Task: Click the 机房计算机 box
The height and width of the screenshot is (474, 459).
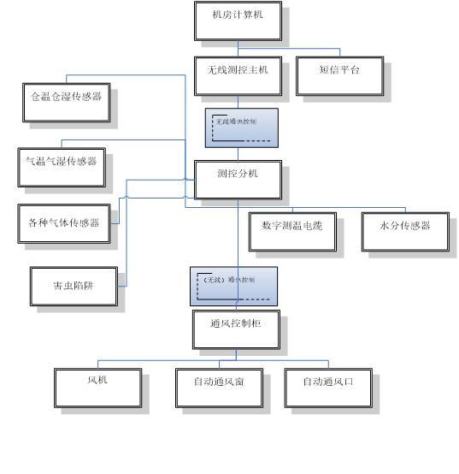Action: click(x=238, y=21)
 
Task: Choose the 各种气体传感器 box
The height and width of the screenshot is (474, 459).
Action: click(x=64, y=224)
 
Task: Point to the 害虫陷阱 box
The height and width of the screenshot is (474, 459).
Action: click(x=74, y=286)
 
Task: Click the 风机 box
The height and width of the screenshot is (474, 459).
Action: click(x=97, y=387)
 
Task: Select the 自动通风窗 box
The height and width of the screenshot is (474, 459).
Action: click(x=219, y=387)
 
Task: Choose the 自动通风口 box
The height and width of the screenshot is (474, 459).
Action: click(x=327, y=387)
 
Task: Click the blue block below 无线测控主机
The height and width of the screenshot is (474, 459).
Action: click(x=241, y=127)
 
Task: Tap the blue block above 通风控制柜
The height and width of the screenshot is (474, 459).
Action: click(x=233, y=286)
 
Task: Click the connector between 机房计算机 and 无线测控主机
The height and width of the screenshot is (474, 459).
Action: click(x=238, y=48)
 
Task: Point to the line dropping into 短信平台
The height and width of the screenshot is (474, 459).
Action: click(x=340, y=53)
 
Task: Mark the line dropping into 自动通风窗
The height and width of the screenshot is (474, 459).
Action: click(x=219, y=364)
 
